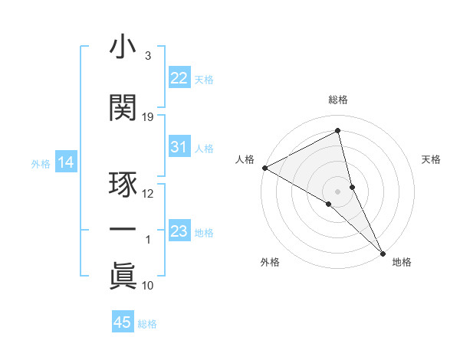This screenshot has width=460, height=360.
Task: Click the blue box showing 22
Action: (179, 78)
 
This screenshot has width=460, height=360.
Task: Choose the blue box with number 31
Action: (179, 147)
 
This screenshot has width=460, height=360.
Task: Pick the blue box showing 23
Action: (179, 231)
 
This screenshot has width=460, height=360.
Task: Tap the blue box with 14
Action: (65, 162)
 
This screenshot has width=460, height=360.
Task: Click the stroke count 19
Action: (148, 116)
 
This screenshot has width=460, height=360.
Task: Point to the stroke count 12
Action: (148, 193)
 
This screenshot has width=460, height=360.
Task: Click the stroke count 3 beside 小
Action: (147, 55)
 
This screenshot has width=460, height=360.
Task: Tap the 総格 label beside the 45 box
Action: (147, 324)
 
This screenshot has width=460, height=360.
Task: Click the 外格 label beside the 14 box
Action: (40, 163)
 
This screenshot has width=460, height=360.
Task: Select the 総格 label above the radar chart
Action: (338, 100)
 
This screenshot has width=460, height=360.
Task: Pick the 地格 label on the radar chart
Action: (402, 262)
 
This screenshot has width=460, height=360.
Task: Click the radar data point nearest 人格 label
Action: (264, 168)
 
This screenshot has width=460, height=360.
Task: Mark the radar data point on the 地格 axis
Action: (383, 252)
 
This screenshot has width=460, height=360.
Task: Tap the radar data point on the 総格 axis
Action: (338, 132)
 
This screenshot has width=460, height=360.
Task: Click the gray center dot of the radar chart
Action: (337, 191)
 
